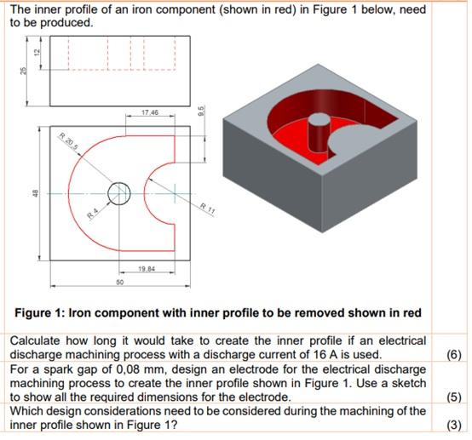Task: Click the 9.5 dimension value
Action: click(x=202, y=111)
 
